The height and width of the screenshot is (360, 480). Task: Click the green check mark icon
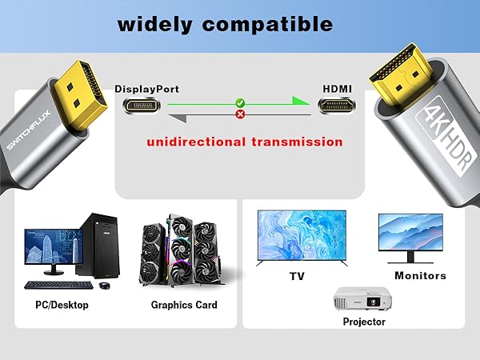[x=238, y=102]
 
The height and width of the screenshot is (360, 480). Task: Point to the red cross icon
[x=238, y=114]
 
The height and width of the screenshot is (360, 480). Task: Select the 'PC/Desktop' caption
[x=62, y=305]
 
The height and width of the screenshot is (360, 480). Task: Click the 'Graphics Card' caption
[x=184, y=305]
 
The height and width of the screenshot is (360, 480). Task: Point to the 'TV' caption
[x=296, y=276]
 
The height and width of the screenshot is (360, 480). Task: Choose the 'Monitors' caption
[x=420, y=276]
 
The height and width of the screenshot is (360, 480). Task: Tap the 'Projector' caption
[x=364, y=322]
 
